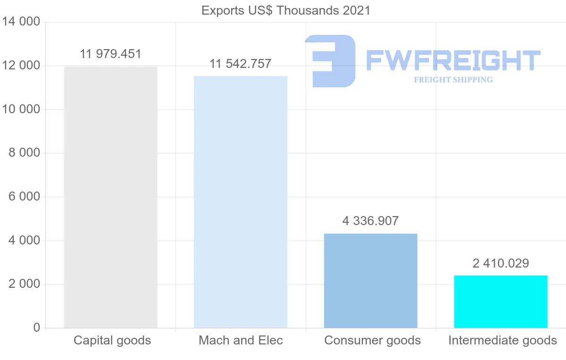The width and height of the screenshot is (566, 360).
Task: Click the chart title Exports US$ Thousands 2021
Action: (x=286, y=10)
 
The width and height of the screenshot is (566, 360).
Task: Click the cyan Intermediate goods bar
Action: (x=501, y=301)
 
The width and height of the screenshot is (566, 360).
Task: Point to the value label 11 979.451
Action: (x=110, y=54)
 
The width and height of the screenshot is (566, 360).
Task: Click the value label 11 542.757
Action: (x=241, y=64)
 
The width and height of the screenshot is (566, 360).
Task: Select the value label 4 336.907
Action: (x=371, y=221)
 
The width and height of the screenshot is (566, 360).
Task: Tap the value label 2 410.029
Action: (x=501, y=263)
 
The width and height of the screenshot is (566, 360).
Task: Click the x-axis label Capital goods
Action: (x=112, y=340)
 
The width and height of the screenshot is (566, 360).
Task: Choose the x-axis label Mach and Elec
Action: (x=241, y=340)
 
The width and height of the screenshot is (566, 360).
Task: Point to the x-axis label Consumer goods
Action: (x=372, y=340)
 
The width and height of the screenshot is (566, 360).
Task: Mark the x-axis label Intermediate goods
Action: (x=502, y=340)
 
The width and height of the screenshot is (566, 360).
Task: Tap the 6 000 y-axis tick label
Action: (x=24, y=197)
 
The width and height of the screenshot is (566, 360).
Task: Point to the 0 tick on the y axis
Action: (x=37, y=328)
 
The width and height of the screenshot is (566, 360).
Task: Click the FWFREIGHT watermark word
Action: (x=453, y=60)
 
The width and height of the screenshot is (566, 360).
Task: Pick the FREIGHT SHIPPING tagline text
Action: (x=453, y=80)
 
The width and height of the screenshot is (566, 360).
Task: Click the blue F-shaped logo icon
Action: (x=330, y=60)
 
